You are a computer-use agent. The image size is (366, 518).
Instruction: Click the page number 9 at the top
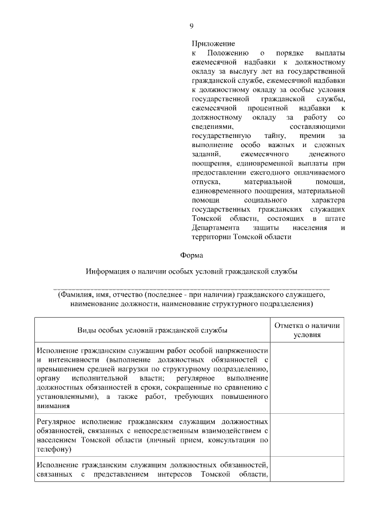click(x=191, y=26)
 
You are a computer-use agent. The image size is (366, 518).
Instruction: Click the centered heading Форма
click(x=191, y=254)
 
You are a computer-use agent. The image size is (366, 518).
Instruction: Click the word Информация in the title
click(x=110, y=271)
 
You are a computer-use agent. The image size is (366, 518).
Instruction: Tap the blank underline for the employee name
click(x=191, y=287)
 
